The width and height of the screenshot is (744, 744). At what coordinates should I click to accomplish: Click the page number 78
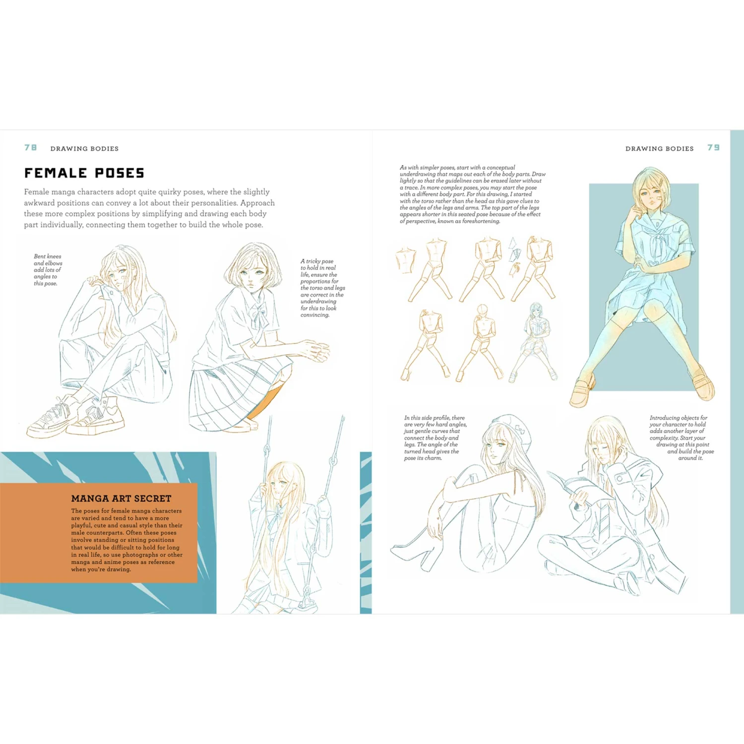coord(31,148)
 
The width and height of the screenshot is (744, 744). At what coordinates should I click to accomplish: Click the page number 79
coord(713,148)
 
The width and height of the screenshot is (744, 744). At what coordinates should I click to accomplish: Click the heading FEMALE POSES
coord(84,173)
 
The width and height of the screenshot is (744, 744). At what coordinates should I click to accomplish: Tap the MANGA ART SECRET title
coord(121,498)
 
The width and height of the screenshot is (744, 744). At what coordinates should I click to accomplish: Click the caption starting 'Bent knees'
coord(48,270)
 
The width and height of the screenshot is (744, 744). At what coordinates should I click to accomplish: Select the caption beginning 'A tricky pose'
coord(322,288)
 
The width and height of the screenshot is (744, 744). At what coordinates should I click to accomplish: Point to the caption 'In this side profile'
coord(435,438)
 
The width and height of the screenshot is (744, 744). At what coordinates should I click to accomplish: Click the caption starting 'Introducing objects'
coord(682,438)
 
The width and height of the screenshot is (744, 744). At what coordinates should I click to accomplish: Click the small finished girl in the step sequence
coord(535,342)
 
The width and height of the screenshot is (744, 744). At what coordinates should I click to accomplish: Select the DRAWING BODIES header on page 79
coord(659,148)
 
